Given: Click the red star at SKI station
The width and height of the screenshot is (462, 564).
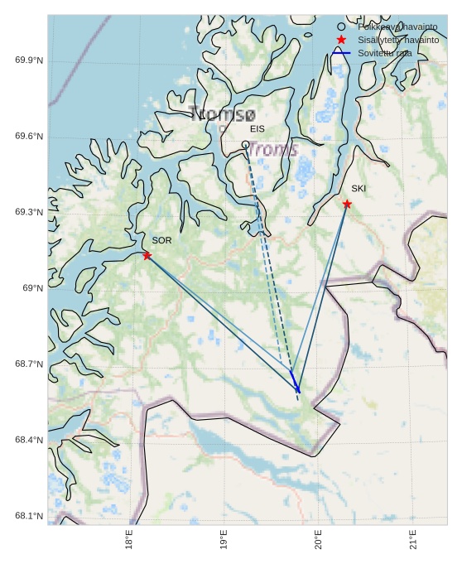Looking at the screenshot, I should [347, 204].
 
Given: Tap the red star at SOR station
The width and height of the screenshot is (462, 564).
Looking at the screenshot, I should [147, 255].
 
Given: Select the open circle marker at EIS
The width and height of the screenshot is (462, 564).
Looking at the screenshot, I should [245, 145].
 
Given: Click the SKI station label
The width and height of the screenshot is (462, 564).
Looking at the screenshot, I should [358, 189].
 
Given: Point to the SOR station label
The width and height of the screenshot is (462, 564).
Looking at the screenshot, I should [161, 240].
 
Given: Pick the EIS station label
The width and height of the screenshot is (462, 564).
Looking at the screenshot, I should [257, 129].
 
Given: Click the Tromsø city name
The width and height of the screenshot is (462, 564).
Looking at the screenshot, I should [222, 115].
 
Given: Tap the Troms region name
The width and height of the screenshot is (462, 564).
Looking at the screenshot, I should [272, 150].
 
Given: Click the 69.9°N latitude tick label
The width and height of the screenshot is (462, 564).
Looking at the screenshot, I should [29, 61].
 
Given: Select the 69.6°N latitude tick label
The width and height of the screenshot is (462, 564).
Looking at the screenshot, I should [29, 137].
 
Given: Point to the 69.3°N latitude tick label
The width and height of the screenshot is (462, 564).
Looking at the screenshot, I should [29, 213].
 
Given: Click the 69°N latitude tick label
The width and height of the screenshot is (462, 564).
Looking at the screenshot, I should [32, 288].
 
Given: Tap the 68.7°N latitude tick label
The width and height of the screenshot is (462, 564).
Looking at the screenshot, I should [29, 364].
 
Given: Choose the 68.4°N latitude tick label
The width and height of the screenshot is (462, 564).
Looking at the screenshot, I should [29, 440].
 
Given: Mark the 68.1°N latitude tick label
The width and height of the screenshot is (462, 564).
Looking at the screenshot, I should [29, 517].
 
